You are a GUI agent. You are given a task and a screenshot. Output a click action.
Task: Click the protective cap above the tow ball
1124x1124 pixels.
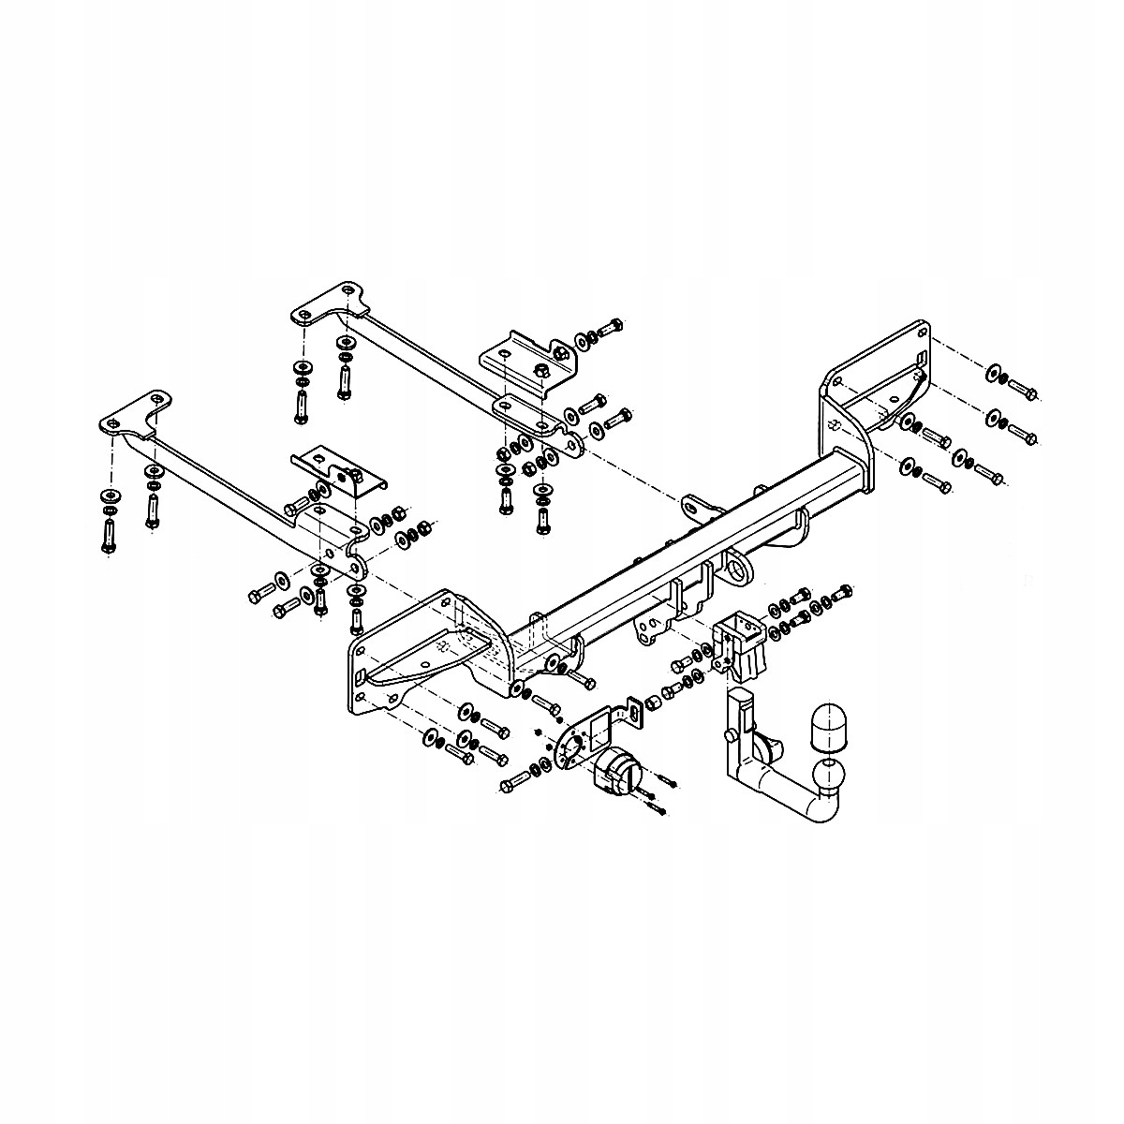tap(829, 725)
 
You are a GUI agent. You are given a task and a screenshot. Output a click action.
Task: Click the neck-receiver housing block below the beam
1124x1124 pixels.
tap(743, 646)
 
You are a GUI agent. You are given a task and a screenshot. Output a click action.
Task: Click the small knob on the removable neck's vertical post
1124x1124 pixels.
tap(727, 738)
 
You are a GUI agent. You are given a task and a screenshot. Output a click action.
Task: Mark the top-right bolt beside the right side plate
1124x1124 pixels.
tap(1022, 392)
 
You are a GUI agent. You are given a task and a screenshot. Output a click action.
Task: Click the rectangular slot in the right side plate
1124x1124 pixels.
tap(922, 358)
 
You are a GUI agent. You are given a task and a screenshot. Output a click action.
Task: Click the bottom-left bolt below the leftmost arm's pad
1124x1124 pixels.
tap(109, 536)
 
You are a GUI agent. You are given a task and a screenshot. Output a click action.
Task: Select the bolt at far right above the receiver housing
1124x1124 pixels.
tap(842, 593)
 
